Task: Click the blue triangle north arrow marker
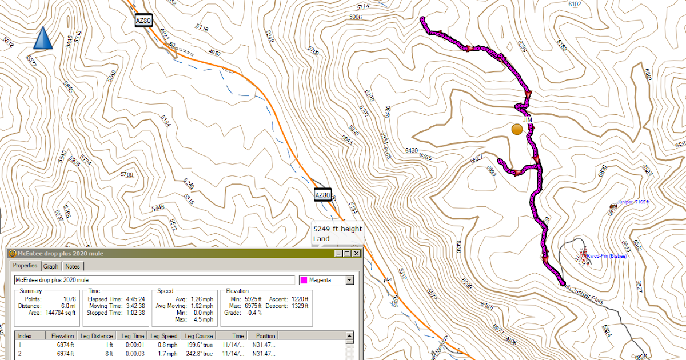pyautogui.click(x=43, y=38)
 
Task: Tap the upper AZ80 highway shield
pyautogui.click(x=143, y=21)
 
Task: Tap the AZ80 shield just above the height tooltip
pyautogui.click(x=323, y=195)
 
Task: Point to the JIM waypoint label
pyautogui.click(x=528, y=119)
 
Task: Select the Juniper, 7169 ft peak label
pyautogui.click(x=633, y=202)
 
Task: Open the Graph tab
pyautogui.click(x=51, y=266)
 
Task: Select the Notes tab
pyautogui.click(x=73, y=266)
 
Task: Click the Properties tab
pyautogui.click(x=25, y=266)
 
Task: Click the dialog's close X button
pyautogui.click(x=357, y=253)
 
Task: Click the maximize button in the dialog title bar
pyautogui.click(x=347, y=253)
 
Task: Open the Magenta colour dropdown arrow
pyautogui.click(x=350, y=280)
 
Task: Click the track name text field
pyautogui.click(x=154, y=280)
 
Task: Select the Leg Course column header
pyautogui.click(x=198, y=336)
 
